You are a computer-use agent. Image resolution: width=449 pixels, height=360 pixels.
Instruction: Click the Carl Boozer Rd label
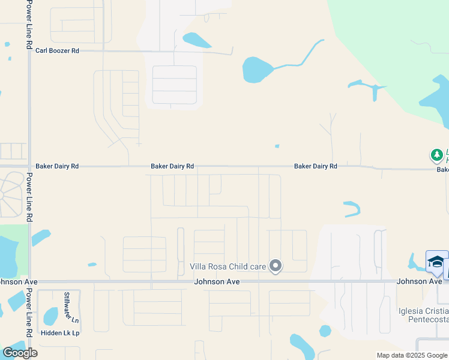57,51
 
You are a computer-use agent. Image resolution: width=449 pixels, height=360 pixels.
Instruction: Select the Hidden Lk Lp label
60,332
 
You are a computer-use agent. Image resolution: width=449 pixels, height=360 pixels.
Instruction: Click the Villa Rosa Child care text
228,266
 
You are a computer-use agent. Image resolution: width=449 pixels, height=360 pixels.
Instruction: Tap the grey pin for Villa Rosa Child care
276,265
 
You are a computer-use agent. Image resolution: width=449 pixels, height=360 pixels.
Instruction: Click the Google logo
20,353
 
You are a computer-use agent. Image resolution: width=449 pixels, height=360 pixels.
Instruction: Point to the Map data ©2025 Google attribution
412,355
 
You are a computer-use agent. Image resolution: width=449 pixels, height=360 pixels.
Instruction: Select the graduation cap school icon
436,262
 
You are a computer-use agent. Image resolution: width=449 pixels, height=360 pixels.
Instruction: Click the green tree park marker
437,155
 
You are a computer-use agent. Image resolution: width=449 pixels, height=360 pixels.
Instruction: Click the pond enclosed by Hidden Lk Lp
51,316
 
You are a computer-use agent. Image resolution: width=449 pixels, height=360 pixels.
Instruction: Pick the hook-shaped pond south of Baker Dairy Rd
352,208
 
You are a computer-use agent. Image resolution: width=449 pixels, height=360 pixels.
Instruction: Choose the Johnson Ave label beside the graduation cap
419,281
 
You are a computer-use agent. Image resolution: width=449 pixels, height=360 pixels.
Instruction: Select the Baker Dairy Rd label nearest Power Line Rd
57,166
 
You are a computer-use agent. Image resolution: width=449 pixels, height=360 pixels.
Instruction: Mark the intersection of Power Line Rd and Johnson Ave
29,281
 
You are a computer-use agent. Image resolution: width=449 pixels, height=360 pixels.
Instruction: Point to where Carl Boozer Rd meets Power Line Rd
29,51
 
